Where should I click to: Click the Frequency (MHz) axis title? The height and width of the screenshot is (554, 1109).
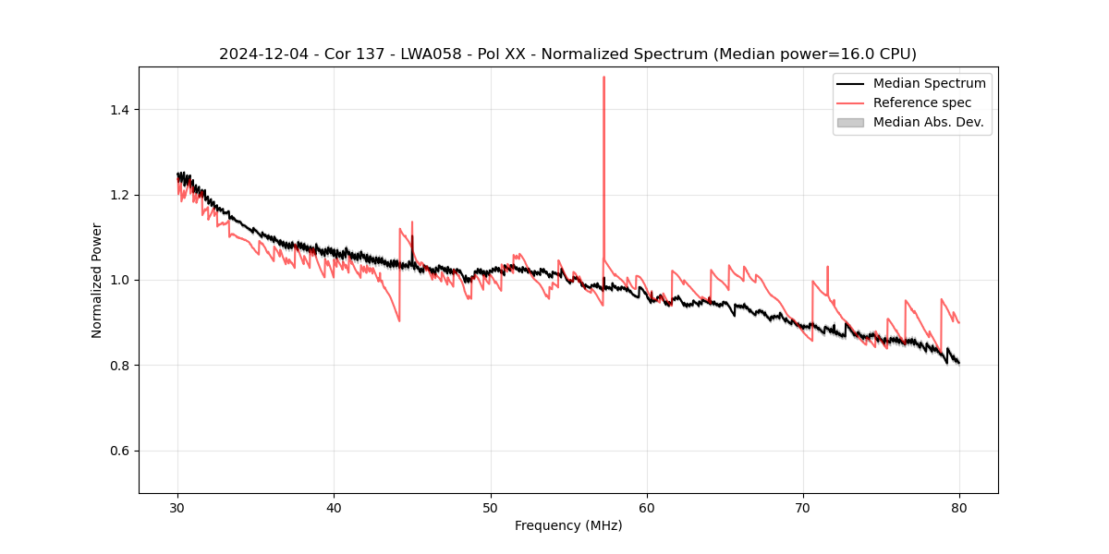[568, 525]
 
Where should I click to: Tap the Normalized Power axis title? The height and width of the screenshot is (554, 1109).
[97, 280]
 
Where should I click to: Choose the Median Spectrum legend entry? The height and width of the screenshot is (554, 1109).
[929, 83]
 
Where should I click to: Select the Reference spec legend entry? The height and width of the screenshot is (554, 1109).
[922, 102]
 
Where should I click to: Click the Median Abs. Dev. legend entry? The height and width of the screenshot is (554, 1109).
[928, 122]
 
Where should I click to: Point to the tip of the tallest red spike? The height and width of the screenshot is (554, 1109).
[603, 77]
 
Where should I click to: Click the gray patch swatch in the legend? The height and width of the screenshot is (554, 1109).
[850, 122]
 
